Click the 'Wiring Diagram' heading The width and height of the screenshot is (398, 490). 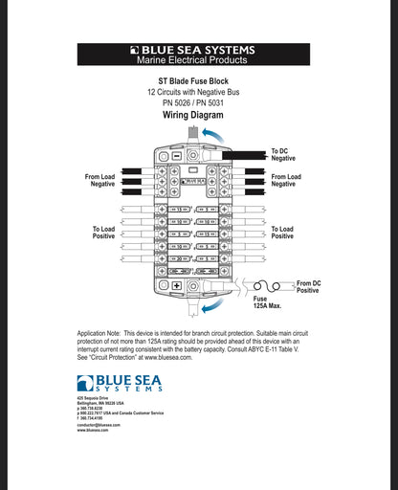(199, 115)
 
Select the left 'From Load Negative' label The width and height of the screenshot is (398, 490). (102, 180)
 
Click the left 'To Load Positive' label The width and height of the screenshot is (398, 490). (104, 233)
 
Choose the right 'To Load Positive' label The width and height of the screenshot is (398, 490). (282, 233)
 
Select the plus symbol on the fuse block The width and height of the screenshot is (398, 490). (177, 286)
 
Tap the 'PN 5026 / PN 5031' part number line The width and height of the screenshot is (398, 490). (199, 102)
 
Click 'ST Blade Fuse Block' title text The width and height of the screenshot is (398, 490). (199, 81)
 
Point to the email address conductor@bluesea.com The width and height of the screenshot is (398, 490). (99, 425)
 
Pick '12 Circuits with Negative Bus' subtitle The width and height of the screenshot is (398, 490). (199, 92)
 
